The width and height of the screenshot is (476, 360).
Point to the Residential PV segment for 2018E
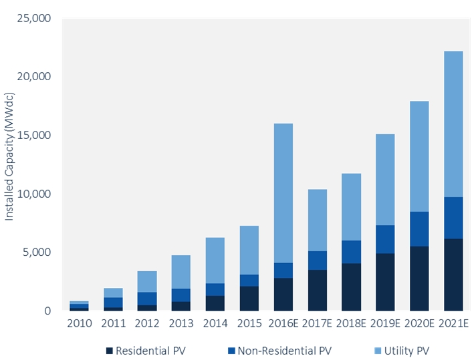(x=350, y=287)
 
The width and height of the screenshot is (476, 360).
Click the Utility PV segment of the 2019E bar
(x=384, y=180)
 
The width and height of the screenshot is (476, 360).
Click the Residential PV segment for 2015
(x=248, y=299)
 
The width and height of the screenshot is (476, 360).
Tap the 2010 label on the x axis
(x=79, y=324)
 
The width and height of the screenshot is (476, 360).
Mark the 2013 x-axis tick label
(x=181, y=324)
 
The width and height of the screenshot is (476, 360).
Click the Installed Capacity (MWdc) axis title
(x=9, y=165)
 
